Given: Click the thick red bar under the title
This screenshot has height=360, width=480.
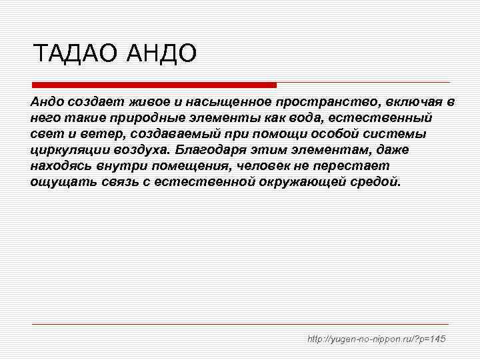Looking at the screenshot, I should click(154, 85).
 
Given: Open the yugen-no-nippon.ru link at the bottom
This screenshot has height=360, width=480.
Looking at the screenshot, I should click(376, 339).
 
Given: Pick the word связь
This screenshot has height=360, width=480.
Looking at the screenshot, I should click(116, 182).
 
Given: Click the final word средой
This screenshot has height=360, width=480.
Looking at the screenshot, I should click(376, 182).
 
